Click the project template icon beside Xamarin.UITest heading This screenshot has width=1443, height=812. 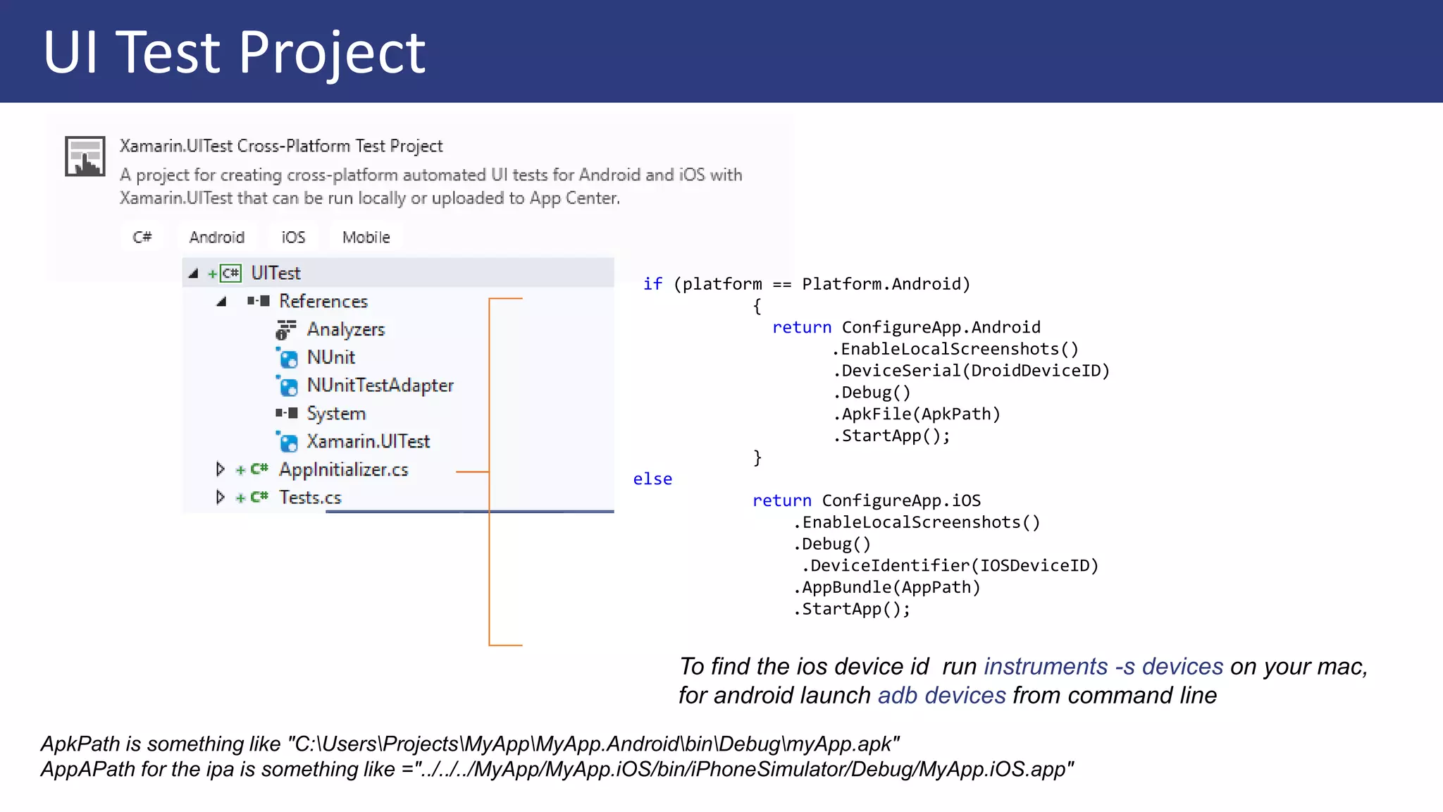pyautogui.click(x=85, y=156)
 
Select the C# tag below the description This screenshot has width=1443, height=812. pyautogui.click(x=142, y=237)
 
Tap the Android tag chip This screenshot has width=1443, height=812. pyautogui.click(x=217, y=237)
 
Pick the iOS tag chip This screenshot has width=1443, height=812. pyautogui.click(x=293, y=237)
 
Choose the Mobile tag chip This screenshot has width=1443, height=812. pyautogui.click(x=366, y=237)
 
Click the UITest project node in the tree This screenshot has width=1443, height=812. pyautogui.click(x=275, y=273)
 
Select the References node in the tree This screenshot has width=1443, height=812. pyautogui.click(x=323, y=301)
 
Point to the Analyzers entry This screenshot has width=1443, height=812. pyautogui.click(x=345, y=329)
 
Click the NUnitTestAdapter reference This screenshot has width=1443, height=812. pyautogui.click(x=380, y=386)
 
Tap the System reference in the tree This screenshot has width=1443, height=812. pyautogui.click(x=336, y=413)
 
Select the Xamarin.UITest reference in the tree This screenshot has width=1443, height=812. pyautogui.click(x=368, y=441)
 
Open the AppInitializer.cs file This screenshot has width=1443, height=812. pyautogui.click(x=343, y=469)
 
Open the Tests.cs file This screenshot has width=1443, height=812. pyautogui.click(x=310, y=498)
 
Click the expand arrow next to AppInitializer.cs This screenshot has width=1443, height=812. pyautogui.click(x=220, y=469)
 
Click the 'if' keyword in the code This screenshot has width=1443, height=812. pyautogui.click(x=652, y=284)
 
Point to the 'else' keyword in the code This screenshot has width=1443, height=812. pyautogui.click(x=652, y=479)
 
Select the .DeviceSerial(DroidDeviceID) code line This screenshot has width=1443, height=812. pyautogui.click(x=971, y=371)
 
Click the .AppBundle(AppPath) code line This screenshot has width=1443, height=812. pyautogui.click(x=887, y=587)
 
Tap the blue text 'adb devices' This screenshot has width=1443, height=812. pyautogui.click(x=941, y=696)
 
